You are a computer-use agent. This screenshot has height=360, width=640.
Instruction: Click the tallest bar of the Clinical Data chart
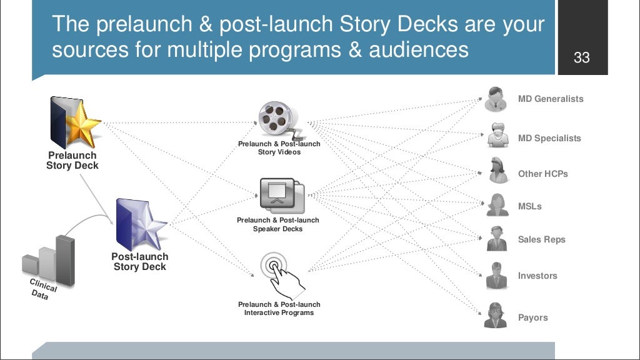[x=65, y=260]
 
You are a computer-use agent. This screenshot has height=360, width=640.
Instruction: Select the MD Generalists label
[x=550, y=99]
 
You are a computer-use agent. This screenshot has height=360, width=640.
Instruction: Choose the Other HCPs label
[x=542, y=174]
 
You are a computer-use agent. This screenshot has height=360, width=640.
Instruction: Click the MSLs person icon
[x=497, y=204]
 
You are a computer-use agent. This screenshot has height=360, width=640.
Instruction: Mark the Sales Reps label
[x=541, y=239]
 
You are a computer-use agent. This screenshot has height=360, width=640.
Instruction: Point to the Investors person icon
[x=496, y=274]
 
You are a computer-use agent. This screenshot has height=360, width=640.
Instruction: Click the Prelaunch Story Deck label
[x=72, y=161]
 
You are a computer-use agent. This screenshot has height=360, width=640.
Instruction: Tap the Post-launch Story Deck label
[x=139, y=262]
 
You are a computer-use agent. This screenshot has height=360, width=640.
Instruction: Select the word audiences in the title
[x=419, y=49]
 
